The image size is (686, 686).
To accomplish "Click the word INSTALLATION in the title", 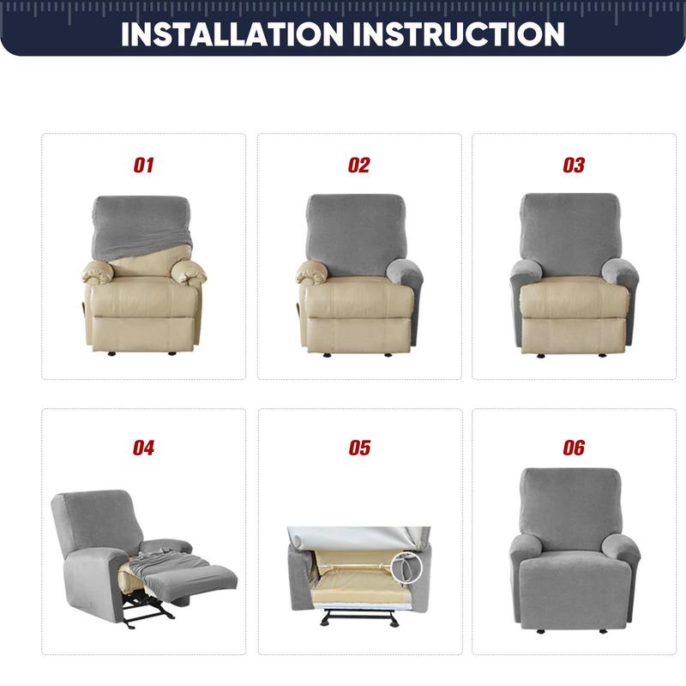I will pos(232,33).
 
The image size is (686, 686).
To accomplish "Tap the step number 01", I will pos(143,165).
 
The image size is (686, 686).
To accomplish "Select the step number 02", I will pos(358,165).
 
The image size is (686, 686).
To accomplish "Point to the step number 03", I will pos(574,165).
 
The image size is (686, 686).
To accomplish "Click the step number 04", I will pos(143,448).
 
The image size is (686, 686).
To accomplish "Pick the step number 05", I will pos(359,448).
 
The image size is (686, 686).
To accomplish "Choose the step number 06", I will pos(574,448).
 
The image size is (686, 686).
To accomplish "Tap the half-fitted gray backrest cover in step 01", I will pos(141,225).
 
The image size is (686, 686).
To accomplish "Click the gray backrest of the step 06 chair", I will pos(573,506).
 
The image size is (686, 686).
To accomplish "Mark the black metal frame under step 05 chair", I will pos(358,616).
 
